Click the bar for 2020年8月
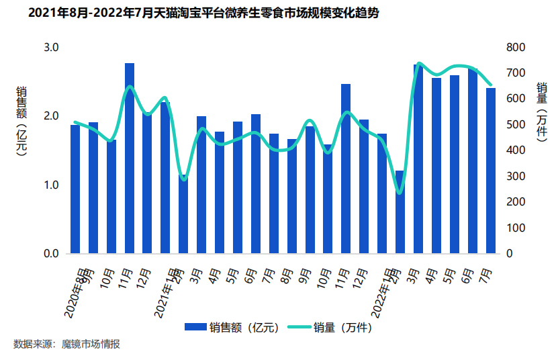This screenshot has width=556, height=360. [x=75, y=189]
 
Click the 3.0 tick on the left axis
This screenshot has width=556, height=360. [x=52, y=47]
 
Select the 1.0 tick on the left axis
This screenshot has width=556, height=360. [x=52, y=185]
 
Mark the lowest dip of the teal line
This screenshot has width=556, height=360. [x=400, y=193]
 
